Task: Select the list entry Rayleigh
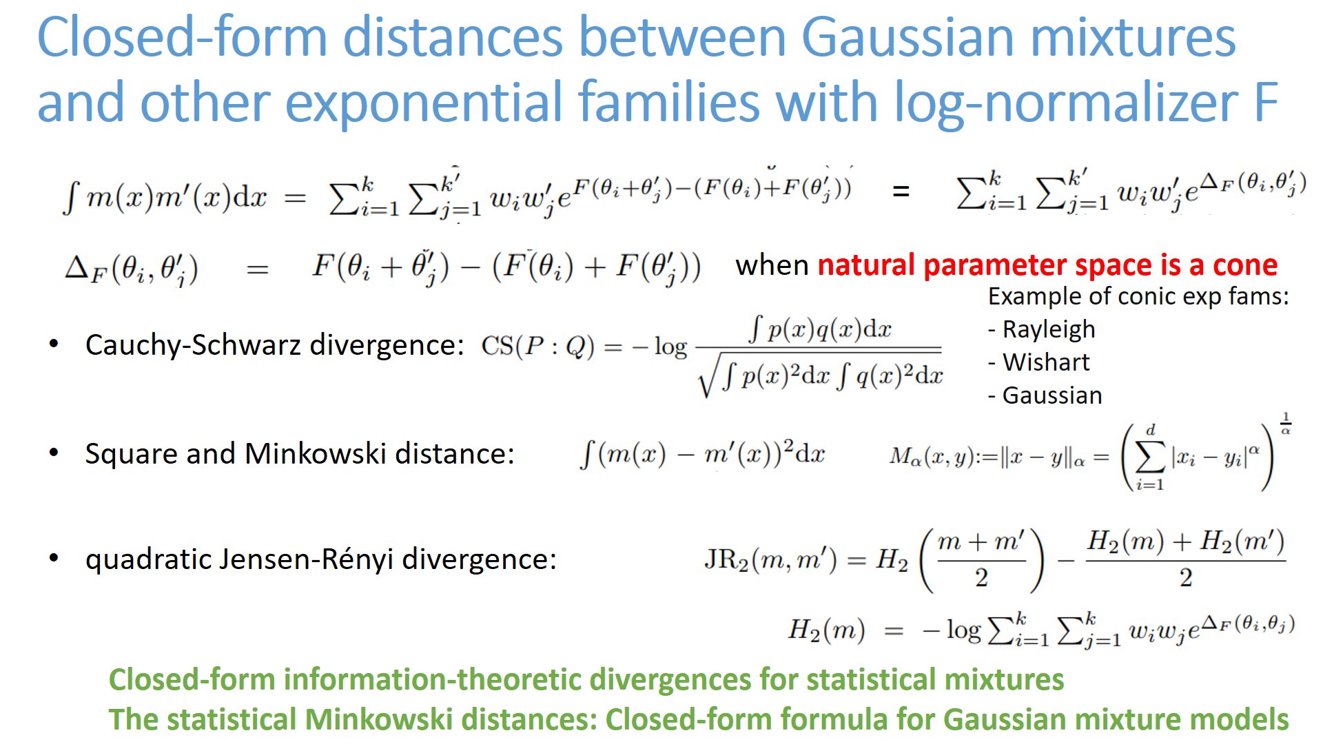(x=1048, y=329)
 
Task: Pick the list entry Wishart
(x=1045, y=362)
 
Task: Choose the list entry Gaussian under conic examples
(x=1052, y=395)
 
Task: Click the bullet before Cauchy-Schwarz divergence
(x=54, y=344)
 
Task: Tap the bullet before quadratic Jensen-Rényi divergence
(x=54, y=559)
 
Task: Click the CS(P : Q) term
(x=537, y=347)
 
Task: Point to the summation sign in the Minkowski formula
(x=1149, y=456)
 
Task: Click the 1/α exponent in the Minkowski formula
(x=1285, y=423)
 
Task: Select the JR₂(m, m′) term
(x=770, y=560)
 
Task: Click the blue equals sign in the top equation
(x=901, y=192)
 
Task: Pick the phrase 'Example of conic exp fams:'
(x=1138, y=296)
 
